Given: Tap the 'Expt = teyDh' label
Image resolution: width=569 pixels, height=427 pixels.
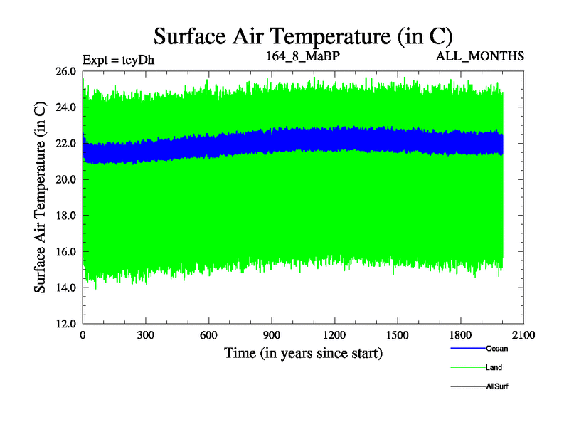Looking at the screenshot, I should pos(118,59).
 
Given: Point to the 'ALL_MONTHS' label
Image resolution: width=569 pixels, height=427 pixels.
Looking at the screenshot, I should pos(481,56).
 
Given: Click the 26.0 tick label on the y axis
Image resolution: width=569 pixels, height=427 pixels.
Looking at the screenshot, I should pos(67,71).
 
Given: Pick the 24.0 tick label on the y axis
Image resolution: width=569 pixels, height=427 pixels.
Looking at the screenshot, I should pos(67,107).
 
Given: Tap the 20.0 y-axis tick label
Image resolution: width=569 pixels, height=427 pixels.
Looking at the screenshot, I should pos(67,179).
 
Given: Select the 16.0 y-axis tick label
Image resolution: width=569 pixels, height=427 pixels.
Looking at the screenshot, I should pos(67,251).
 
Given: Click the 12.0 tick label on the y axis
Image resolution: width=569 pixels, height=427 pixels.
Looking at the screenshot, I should pos(67,323).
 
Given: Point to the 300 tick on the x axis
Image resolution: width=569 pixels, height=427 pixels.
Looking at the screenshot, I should pos(146,335).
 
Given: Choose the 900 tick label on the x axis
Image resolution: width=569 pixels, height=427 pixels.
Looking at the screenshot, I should pos(272,335).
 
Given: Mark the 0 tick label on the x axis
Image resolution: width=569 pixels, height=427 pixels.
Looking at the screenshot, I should pos(83,335).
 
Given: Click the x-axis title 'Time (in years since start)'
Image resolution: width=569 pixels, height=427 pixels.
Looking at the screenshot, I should pos(304,352).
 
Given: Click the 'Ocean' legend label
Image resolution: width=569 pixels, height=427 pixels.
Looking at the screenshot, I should pos(497,349).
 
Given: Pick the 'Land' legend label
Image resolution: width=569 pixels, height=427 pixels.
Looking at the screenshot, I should pos(494,367).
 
